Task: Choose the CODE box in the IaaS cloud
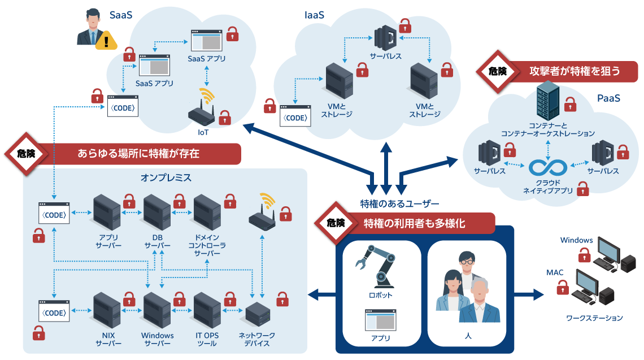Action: (295, 118)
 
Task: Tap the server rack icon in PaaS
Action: (547, 99)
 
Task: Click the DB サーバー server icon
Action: (156, 212)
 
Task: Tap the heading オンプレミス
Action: (166, 177)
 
